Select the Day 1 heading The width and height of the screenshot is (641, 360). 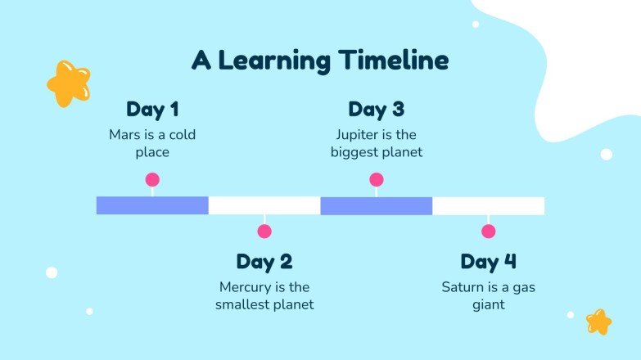(152, 110)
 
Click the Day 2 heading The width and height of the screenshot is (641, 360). (264, 262)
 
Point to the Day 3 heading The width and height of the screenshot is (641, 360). (377, 110)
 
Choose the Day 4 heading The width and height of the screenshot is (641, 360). (489, 262)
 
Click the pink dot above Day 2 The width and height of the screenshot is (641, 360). (264, 232)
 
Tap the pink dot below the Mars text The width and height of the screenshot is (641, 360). (152, 179)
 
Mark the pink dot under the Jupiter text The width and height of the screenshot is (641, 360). (377, 179)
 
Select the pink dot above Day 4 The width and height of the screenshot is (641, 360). (489, 232)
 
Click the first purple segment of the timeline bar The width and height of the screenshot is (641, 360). (152, 205)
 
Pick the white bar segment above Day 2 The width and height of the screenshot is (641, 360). (264, 205)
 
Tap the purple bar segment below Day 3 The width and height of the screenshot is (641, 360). (377, 205)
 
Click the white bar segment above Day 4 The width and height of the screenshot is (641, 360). (489, 205)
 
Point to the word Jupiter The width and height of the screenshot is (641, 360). (355, 135)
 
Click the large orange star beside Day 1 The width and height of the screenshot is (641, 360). (68, 83)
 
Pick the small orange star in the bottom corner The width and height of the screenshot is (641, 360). (598, 322)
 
